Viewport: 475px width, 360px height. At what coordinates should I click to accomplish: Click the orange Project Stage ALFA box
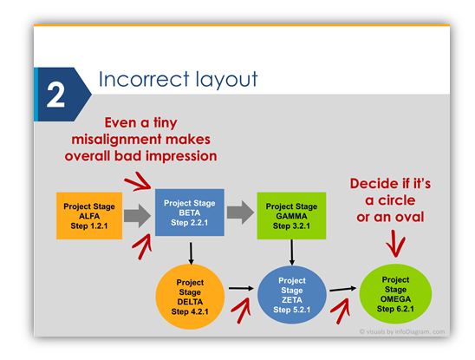(x=89, y=216)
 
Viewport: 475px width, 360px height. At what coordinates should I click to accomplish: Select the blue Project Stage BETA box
(x=190, y=213)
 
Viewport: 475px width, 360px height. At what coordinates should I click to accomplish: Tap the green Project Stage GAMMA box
(x=291, y=216)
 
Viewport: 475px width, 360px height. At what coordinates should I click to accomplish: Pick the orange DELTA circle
(x=190, y=297)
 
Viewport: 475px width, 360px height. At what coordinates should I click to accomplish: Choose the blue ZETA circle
(x=292, y=295)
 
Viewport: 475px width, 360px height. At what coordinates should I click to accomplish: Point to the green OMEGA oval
(x=395, y=293)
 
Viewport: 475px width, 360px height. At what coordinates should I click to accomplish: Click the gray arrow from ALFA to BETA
(x=137, y=216)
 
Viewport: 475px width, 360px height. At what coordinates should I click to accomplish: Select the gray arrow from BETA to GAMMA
(x=240, y=213)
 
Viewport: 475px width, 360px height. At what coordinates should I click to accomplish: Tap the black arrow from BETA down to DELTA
(x=191, y=253)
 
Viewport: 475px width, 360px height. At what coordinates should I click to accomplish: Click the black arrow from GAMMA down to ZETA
(x=292, y=252)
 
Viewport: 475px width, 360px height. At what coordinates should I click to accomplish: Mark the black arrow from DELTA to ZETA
(x=241, y=288)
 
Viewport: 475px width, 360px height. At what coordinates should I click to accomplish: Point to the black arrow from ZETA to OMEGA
(x=343, y=289)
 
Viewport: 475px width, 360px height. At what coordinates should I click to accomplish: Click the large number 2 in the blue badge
(x=55, y=95)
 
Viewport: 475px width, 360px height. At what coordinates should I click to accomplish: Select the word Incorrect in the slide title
(x=144, y=79)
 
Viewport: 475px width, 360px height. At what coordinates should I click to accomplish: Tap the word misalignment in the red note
(x=116, y=140)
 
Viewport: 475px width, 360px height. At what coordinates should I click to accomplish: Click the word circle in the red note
(x=396, y=200)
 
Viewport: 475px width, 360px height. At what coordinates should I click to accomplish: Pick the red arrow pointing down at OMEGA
(x=395, y=244)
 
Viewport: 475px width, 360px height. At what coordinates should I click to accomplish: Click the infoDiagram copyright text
(x=402, y=331)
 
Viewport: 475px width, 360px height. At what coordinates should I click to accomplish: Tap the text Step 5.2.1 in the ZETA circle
(x=292, y=310)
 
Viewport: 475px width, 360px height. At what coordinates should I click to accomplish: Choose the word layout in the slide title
(x=226, y=80)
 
